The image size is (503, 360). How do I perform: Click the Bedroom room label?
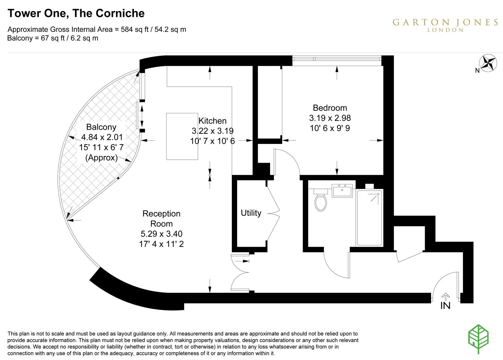pyautogui.click(x=330, y=108)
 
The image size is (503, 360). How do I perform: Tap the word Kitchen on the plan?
pyautogui.click(x=212, y=121)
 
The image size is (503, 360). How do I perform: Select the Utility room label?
pyautogui.click(x=251, y=213)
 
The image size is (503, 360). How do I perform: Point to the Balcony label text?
pyautogui.click(x=101, y=127)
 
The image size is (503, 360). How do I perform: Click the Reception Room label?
pyautogui.click(x=161, y=219)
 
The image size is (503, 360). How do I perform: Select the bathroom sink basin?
pyautogui.click(x=342, y=191)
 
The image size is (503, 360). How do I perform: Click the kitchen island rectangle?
pyautogui.click(x=182, y=136)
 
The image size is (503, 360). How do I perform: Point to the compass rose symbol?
pyautogui.click(x=488, y=63)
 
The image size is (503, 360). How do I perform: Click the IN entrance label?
pyautogui.click(x=445, y=305)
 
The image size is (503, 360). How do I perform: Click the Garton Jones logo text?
pyautogui.click(x=445, y=23)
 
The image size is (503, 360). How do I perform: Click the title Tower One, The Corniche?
pyautogui.click(x=76, y=13)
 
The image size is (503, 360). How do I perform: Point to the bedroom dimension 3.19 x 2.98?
pyautogui.click(x=330, y=118)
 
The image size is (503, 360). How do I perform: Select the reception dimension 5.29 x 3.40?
pyautogui.click(x=161, y=234)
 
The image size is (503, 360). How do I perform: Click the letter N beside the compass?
pyautogui.click(x=477, y=71)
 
